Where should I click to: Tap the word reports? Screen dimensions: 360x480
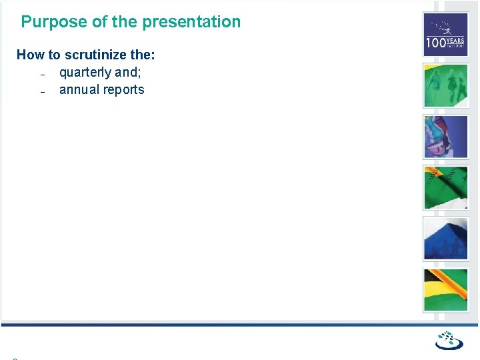click(x=124, y=89)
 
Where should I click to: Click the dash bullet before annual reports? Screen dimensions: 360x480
click(x=41, y=91)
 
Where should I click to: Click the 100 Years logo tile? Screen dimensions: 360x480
click(x=446, y=35)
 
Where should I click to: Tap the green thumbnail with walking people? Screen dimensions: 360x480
click(x=446, y=85)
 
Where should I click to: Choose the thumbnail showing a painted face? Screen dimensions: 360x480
click(x=446, y=137)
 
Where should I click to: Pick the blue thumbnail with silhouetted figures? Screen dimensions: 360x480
click(x=446, y=239)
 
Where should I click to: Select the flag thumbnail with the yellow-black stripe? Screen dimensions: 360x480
click(x=446, y=290)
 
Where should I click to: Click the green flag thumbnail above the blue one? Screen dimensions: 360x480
click(x=446, y=187)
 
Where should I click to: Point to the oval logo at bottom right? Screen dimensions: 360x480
click(x=449, y=341)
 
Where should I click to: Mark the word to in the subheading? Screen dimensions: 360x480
click(x=54, y=55)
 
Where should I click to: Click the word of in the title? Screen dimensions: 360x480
click(x=99, y=22)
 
